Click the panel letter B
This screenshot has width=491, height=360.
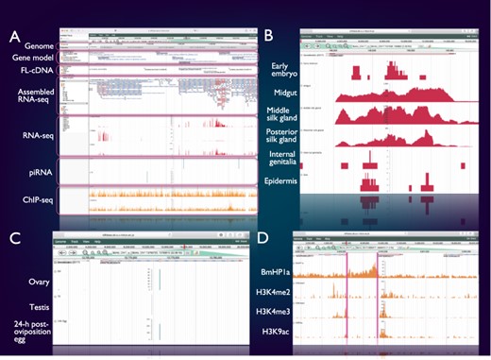pyautogui.click(x=268, y=37)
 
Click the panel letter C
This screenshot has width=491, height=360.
pyautogui.click(x=15, y=237)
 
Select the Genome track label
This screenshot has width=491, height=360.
pyautogui.click(x=32, y=45)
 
